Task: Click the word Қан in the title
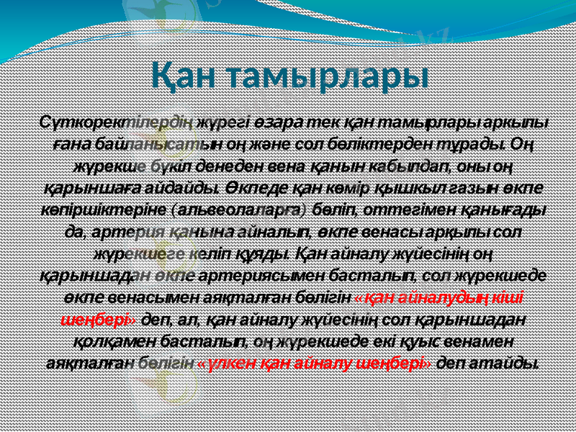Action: point(189,74)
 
